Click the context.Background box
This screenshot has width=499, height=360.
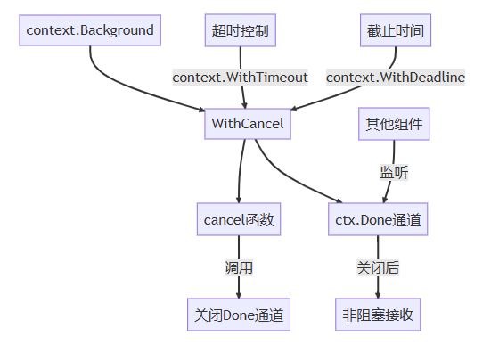90,30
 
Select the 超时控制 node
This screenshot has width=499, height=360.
241,30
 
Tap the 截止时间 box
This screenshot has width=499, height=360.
396,30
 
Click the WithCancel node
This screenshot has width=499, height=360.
248,124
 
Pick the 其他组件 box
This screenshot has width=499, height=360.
394,124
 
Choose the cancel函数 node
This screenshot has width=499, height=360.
239,219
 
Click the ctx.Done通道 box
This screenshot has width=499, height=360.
378,219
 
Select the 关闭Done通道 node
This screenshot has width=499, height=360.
239,315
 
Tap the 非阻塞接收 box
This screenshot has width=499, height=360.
378,315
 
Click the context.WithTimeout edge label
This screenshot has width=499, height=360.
241,78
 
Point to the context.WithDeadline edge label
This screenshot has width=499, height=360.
396,78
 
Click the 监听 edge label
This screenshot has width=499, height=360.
394,172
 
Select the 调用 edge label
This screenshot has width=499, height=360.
239,267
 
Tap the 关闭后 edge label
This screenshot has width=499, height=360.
378,267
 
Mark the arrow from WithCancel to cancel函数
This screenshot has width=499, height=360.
240,170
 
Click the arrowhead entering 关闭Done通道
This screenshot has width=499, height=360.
239,295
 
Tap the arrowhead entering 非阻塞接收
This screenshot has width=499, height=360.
378,295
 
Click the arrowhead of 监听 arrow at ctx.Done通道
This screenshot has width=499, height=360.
384,200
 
